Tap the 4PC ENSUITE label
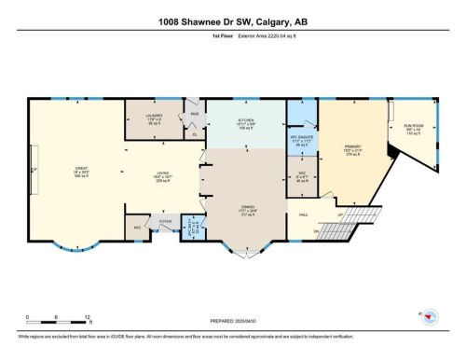(x=300, y=141)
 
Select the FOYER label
(x=166, y=222)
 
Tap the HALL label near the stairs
(x=304, y=215)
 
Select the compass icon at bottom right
(x=430, y=318)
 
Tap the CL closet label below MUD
(x=196, y=135)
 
